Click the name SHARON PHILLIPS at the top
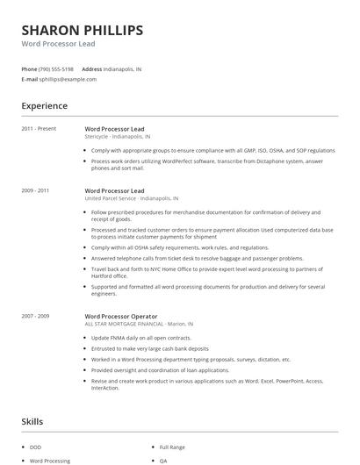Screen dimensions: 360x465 [82, 31]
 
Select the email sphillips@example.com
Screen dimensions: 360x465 [68, 79]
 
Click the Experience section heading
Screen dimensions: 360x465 [44, 106]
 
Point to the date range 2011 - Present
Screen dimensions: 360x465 [39, 129]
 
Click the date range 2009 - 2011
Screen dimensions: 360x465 [35, 190]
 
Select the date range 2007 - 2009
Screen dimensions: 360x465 [35, 316]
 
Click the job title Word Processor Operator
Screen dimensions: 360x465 [121, 316]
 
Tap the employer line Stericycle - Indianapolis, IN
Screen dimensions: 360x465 [117, 137]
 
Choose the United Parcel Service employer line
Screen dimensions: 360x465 [131, 198]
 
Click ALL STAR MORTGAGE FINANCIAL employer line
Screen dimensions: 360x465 [139, 324]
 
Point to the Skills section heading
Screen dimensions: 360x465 [32, 422]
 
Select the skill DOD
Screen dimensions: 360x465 [35, 447]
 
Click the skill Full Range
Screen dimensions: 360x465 [171, 447]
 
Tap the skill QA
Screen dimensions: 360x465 [162, 461]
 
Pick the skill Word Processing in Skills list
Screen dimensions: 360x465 [49, 461]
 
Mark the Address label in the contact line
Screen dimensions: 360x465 [91, 68]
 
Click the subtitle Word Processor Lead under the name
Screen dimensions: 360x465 [58, 44]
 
